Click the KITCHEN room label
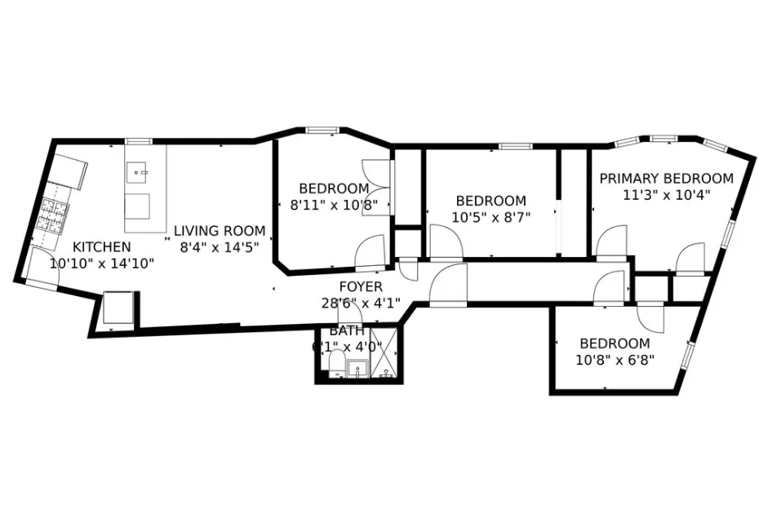point(101,247)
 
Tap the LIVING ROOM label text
point(220,230)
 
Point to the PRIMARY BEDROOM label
point(666,179)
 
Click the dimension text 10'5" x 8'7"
point(490,218)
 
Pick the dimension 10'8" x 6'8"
point(616,359)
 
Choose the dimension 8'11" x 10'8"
point(334,205)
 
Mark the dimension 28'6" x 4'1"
point(359,303)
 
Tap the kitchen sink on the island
point(137,172)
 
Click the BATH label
point(347,331)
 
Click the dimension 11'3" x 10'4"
point(666,195)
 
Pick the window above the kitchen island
point(138,142)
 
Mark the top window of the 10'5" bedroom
point(511,147)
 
